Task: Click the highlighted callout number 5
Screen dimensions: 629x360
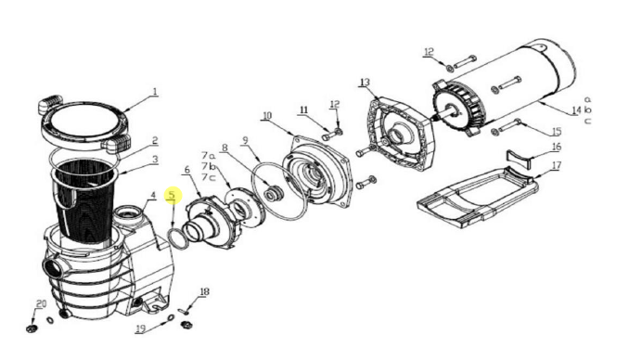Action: [171, 196]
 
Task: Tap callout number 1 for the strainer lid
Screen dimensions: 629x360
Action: [155, 92]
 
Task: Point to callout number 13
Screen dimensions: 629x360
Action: [365, 83]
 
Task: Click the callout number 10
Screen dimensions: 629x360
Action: [267, 117]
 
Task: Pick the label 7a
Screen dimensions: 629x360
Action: [209, 156]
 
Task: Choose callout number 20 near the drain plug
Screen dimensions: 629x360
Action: [40, 304]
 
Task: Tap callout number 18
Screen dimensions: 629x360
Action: [204, 291]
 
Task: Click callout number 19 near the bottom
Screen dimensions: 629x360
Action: [140, 328]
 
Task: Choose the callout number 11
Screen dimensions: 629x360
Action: [302, 110]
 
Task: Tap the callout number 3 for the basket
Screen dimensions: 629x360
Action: [155, 161]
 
